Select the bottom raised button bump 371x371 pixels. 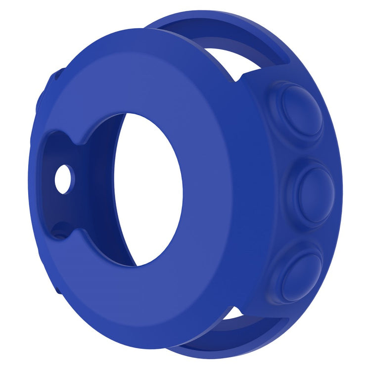click(x=300, y=275)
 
